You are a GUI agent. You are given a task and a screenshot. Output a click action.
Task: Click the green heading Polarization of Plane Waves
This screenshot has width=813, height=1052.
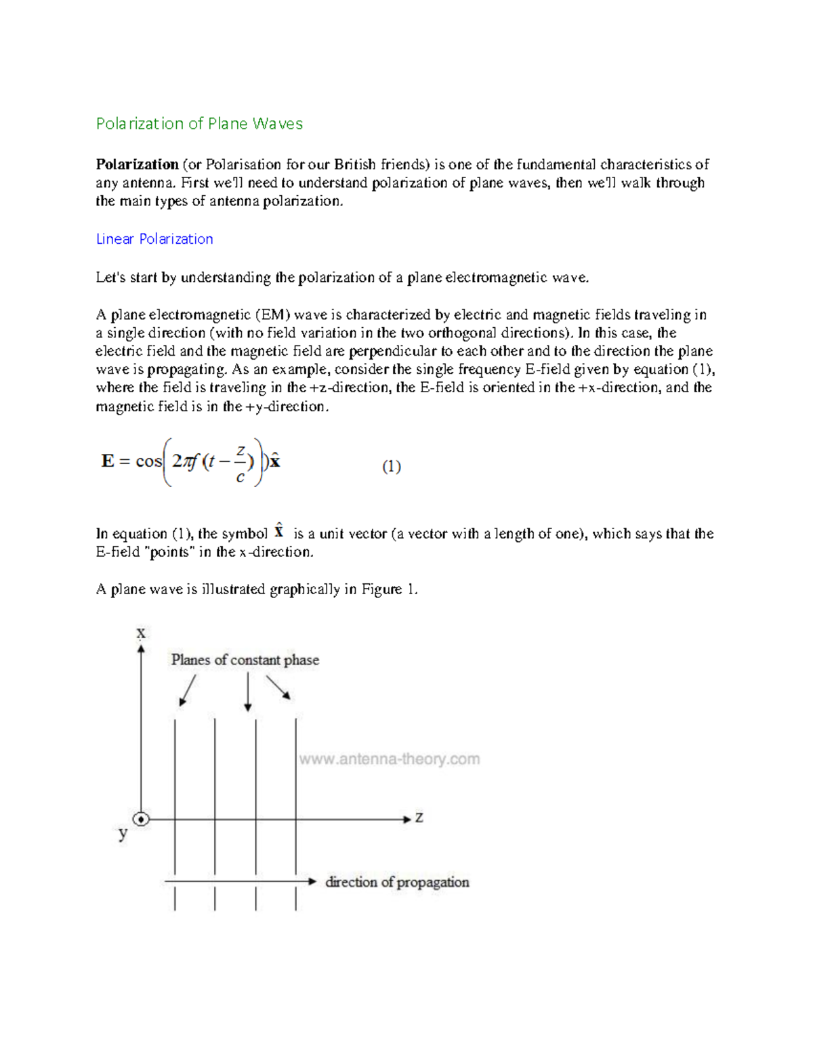coord(199,123)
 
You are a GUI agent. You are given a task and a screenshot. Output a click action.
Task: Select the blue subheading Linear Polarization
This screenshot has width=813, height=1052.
coord(154,238)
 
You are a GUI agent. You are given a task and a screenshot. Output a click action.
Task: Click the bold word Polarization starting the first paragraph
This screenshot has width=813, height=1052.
coord(137,164)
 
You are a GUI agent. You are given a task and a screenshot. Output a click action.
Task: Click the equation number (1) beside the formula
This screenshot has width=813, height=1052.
coord(391,466)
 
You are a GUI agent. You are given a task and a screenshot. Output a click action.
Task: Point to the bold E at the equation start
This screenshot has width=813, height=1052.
coord(107,461)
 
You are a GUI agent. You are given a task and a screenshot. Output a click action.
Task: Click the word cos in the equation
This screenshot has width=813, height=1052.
coord(148,461)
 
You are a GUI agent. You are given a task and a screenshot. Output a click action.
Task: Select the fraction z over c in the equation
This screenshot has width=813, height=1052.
coord(240,464)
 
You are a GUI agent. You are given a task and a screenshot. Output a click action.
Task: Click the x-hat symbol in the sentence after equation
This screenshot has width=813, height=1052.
coord(278,531)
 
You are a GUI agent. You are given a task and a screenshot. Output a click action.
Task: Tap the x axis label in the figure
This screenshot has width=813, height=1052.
coord(141,633)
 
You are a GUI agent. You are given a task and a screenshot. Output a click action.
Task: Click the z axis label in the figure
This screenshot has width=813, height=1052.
coord(419,818)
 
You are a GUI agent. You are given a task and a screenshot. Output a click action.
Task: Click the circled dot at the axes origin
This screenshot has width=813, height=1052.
coord(141,819)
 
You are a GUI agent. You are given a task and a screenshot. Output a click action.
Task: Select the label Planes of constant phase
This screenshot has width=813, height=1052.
coord(245,660)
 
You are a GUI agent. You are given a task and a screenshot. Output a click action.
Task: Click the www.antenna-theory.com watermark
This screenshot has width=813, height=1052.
coord(389,759)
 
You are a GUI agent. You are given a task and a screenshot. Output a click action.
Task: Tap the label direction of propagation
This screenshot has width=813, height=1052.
coord(397,882)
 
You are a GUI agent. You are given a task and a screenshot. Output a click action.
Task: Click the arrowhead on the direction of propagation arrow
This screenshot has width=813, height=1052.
coord(312,881)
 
